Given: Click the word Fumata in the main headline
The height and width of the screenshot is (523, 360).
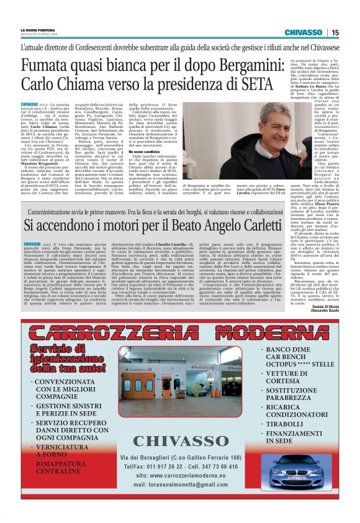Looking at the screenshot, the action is (48, 65).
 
